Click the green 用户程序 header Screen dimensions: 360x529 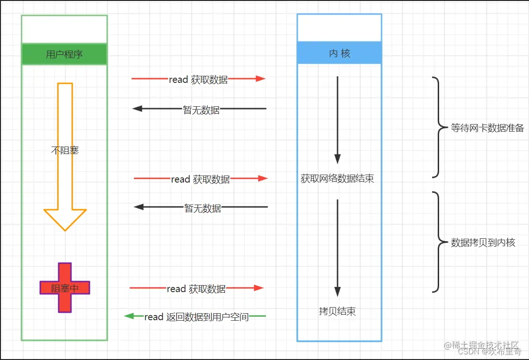pos(64,54)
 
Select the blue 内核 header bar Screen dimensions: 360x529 pos(339,53)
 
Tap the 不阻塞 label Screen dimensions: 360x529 pos(65,150)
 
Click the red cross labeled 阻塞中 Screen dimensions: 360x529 pos(65,288)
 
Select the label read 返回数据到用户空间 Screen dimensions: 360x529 pos(196,317)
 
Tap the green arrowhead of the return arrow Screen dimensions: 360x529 pos(128,316)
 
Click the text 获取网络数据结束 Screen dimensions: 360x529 pos(337,178)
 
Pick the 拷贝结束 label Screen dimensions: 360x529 pos(337,311)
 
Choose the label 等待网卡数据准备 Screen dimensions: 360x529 pos(487,128)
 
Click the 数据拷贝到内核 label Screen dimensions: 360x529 pos(483,242)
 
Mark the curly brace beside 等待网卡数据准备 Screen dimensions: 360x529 pos(438,127)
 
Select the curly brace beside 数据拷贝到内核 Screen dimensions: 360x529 pos(438,242)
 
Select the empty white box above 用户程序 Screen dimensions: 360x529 pos(64,29)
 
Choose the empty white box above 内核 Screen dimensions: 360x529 pos(339,28)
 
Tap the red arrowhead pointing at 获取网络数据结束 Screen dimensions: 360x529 pos(262,178)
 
